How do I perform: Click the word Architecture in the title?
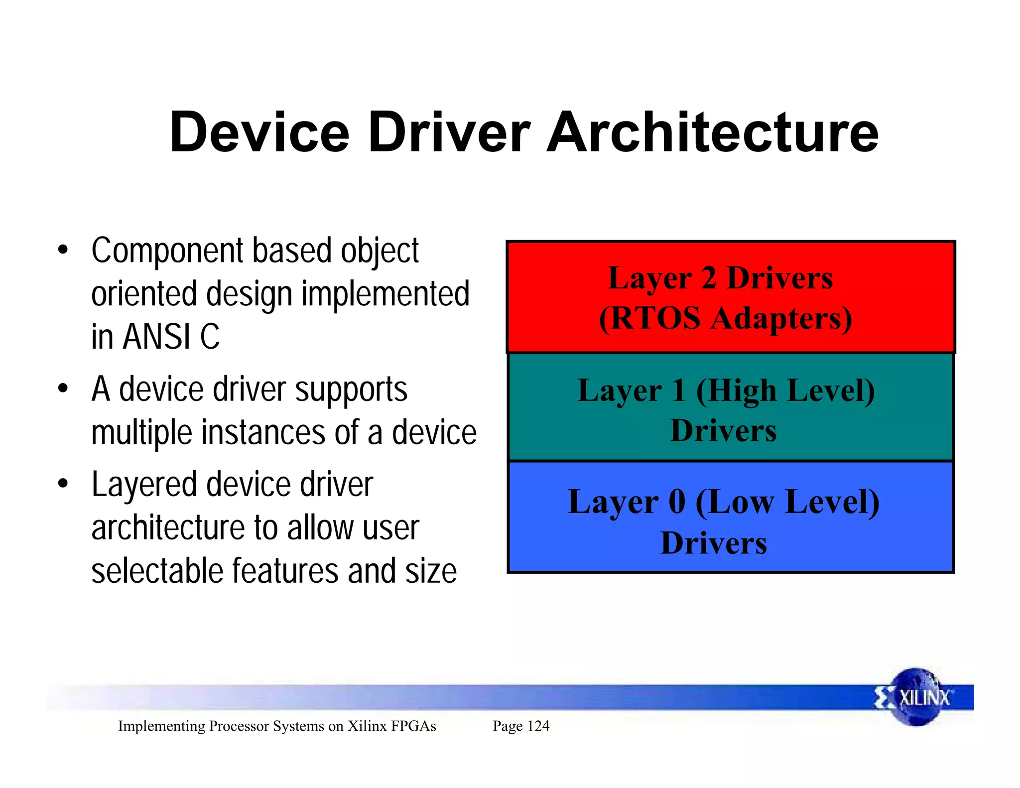(x=712, y=132)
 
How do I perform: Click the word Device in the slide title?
(x=259, y=132)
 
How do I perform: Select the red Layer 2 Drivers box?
(x=730, y=297)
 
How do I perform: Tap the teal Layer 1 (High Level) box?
(x=730, y=407)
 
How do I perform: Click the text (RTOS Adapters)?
(x=725, y=318)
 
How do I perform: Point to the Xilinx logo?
(x=915, y=697)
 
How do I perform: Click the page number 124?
(x=538, y=726)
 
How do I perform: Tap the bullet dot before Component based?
(x=62, y=250)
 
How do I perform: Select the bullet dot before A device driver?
(x=62, y=389)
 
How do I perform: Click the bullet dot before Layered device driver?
(x=62, y=484)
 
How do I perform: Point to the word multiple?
(x=141, y=432)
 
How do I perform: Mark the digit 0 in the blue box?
(x=677, y=501)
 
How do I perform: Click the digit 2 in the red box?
(x=709, y=278)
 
